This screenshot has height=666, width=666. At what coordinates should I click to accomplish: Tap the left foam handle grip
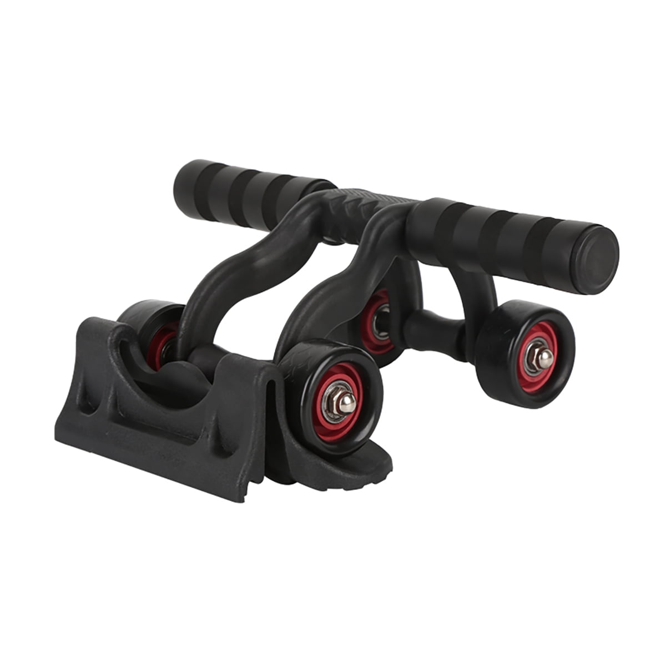(250, 194)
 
